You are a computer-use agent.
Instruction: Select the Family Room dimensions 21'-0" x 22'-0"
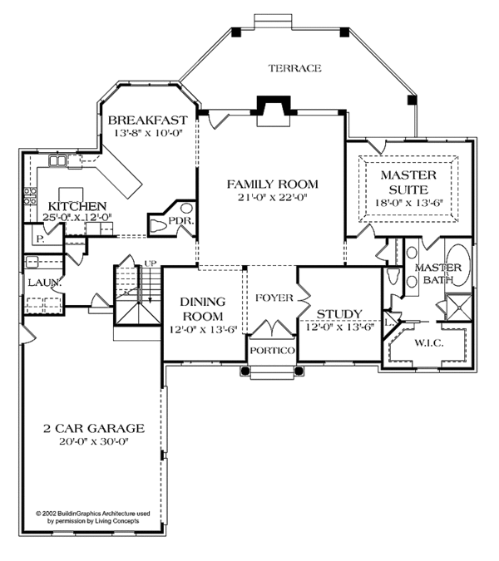(272, 198)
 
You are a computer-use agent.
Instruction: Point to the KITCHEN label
(77, 205)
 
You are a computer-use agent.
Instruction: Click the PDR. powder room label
(180, 221)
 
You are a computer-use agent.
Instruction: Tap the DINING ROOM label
(202, 309)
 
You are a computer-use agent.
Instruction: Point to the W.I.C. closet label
(428, 342)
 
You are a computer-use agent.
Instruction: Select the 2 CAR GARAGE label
(94, 428)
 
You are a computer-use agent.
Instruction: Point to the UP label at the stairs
(151, 263)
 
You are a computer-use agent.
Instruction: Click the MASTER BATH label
(433, 273)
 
